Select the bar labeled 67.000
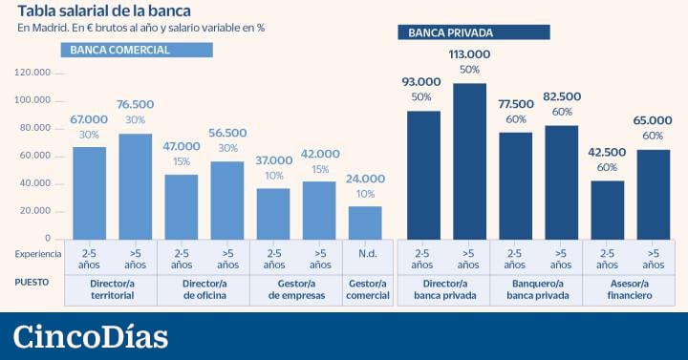tap(90, 192)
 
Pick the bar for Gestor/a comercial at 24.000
tap(365, 222)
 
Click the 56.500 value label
tap(227, 133)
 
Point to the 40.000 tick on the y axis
tap(34, 183)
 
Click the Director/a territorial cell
tap(111, 290)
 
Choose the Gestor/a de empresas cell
tap(296, 290)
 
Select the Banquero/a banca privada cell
tap(536, 290)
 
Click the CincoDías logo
tap(92, 337)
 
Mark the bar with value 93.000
tap(422, 175)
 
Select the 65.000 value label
tap(654, 121)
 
